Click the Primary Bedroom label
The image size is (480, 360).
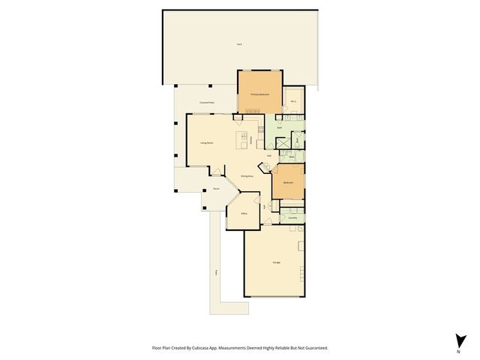click(259, 94)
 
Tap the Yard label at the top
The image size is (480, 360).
click(238, 46)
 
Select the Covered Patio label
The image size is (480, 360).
click(207, 103)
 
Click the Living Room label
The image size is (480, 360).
click(207, 142)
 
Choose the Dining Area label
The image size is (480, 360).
click(246, 175)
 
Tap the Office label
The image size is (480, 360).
click(244, 214)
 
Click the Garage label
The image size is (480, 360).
click(276, 262)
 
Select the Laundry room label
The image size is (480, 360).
click(292, 218)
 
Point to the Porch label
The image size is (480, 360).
click(214, 189)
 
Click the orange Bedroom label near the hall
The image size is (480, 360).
click(288, 183)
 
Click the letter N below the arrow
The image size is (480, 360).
click(457, 351)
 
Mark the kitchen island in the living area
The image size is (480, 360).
click(244, 139)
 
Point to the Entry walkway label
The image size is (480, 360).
click(216, 272)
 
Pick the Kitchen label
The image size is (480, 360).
click(261, 140)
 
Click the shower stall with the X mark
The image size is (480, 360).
click(297, 139)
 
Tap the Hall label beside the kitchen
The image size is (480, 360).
click(268, 155)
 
